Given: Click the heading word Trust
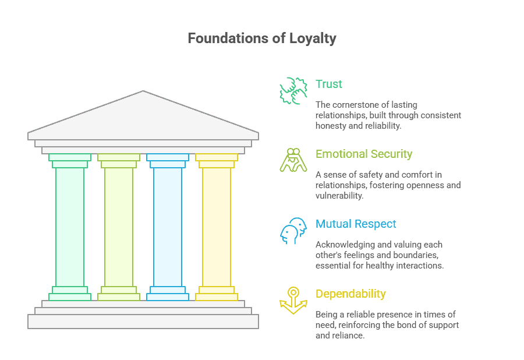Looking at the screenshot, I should pyautogui.click(x=329, y=84).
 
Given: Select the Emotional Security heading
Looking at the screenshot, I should pyautogui.click(x=364, y=154).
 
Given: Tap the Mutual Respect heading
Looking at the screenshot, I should pyautogui.click(x=356, y=224).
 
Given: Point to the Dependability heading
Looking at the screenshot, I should pyautogui.click(x=350, y=294).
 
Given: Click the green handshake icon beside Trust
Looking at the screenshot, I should pyautogui.click(x=293, y=90).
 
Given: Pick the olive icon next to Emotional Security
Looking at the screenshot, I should pyautogui.click(x=293, y=160).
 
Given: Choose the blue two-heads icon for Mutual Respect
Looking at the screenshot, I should pyautogui.click(x=293, y=231).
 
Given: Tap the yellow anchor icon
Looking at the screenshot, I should pyautogui.click(x=293, y=301).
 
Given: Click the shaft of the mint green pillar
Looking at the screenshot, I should pyautogui.click(x=70, y=227).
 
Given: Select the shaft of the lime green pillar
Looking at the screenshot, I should pyautogui.click(x=119, y=227).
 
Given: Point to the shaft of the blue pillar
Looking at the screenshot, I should pyautogui.click(x=168, y=227).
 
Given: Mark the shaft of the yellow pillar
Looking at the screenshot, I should pyautogui.click(x=217, y=227).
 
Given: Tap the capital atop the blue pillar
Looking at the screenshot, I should pyautogui.click(x=168, y=160).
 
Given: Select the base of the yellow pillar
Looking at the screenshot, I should pyautogui.click(x=217, y=294).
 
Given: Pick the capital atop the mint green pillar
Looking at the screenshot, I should pyautogui.click(x=70, y=160).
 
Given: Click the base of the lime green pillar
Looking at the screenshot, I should pyautogui.click(x=119, y=294).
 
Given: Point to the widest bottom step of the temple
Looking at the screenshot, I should pyautogui.click(x=143, y=322).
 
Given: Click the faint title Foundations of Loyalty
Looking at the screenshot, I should pyautogui.click(x=262, y=39).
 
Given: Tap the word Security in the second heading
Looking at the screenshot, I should pyautogui.click(x=389, y=154).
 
